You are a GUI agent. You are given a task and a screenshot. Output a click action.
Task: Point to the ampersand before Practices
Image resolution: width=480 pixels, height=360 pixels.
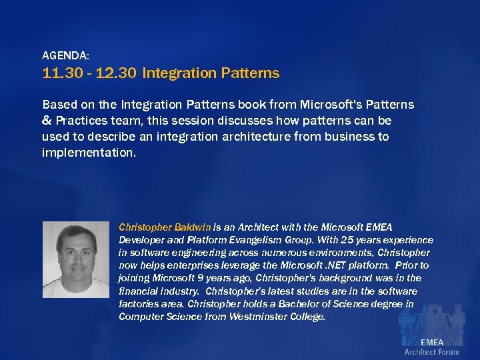47,121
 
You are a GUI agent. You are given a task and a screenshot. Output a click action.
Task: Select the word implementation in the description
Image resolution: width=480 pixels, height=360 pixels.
87,153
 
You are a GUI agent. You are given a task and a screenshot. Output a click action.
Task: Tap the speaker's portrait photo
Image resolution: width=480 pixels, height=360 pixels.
75,260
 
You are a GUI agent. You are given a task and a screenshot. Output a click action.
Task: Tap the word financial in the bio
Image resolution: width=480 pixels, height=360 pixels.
139,291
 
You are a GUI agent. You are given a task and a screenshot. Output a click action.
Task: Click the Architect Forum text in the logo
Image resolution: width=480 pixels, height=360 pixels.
431,352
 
